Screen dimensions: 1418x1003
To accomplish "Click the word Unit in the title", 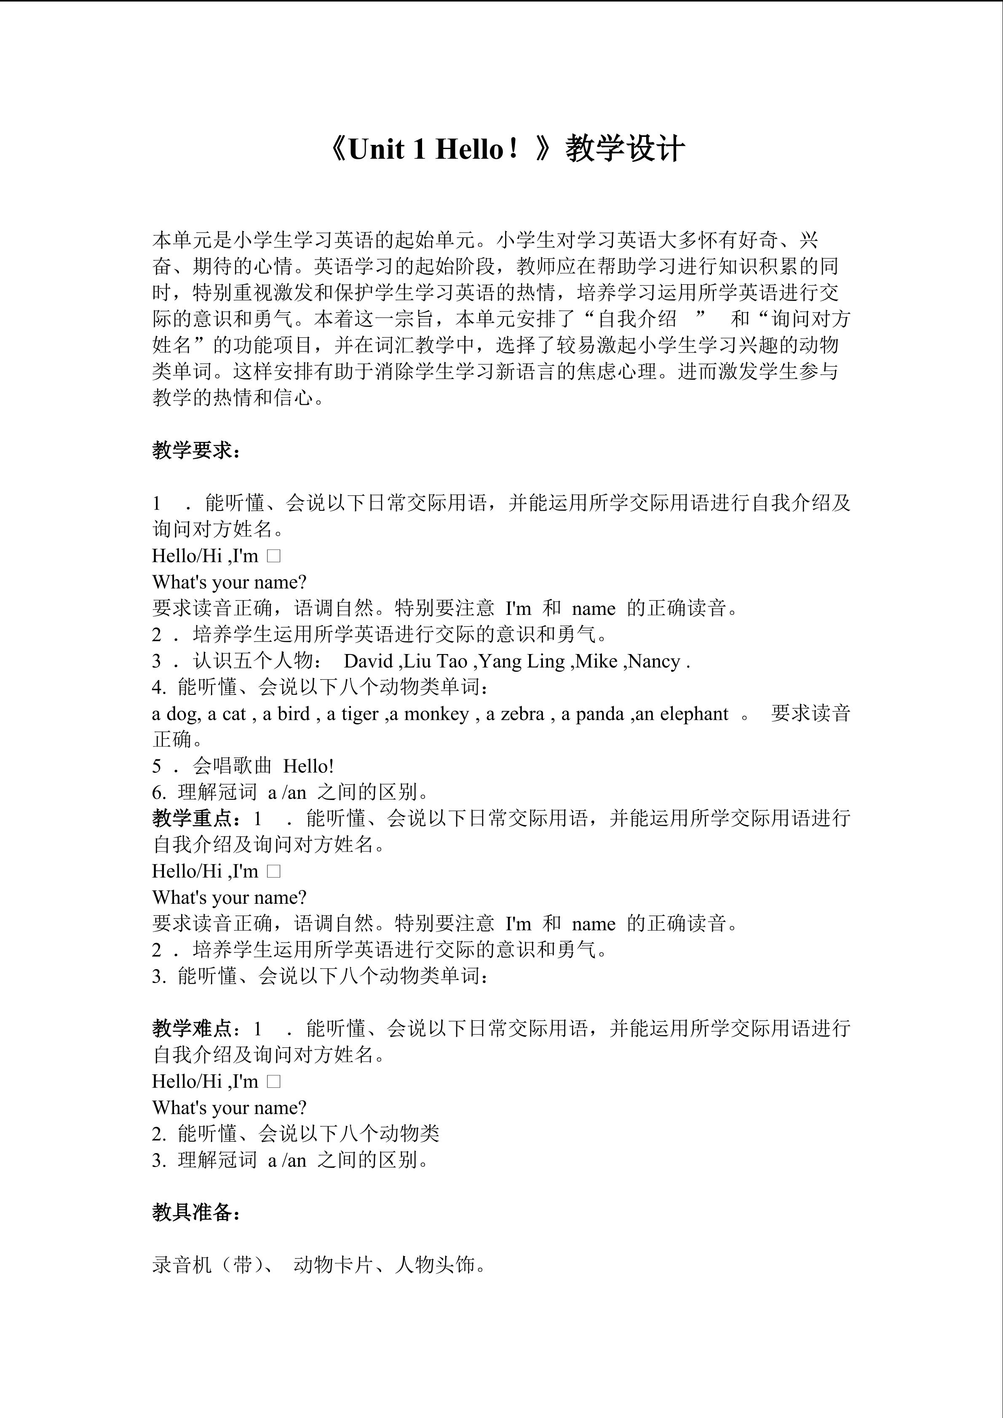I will [x=376, y=150].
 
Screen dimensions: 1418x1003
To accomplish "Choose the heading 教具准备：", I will [x=196, y=1212].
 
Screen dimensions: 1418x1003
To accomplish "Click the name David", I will [x=369, y=662].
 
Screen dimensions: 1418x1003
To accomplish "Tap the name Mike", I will [x=596, y=662].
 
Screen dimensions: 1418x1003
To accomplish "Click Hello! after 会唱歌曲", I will [x=308, y=766].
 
